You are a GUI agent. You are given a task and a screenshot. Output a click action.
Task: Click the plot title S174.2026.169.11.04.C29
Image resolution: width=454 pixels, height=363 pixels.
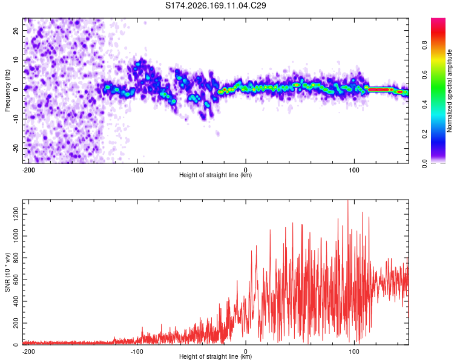215,5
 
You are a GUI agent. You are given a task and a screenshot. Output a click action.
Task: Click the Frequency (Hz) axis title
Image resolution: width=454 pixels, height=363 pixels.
7,91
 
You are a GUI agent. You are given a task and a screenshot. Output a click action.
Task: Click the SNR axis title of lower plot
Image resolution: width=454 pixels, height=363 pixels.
7,272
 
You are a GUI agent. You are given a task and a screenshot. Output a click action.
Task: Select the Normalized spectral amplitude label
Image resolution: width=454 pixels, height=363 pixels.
449,91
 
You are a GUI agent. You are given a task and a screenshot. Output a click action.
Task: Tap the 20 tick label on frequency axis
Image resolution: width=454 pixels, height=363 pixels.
16,31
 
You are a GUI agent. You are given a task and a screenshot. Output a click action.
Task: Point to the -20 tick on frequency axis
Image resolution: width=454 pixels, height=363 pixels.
16,148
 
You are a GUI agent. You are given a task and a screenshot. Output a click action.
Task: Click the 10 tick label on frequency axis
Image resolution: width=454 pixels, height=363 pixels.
16,60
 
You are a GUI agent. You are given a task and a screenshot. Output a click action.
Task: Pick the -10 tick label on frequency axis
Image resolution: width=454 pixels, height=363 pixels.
16,119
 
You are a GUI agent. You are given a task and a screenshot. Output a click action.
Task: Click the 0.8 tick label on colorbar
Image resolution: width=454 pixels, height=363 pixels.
424,45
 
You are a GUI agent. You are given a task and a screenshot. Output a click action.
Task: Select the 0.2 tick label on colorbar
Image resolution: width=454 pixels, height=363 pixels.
424,134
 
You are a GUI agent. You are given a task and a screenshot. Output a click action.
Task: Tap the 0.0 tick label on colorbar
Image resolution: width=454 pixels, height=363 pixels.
424,163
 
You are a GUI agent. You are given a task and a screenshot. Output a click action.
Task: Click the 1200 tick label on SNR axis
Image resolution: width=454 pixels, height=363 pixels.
16,214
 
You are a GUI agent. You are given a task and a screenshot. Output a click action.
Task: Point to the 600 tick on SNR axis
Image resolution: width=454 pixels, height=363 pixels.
16,280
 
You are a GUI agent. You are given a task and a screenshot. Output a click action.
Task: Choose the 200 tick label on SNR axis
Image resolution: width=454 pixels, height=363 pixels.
16,323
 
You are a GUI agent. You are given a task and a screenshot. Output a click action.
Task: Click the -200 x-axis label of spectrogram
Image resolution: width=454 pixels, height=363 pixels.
28,170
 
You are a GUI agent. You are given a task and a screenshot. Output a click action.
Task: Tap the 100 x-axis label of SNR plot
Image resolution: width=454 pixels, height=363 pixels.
354,352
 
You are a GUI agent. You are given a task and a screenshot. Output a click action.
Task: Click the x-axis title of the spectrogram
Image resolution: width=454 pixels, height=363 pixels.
215,175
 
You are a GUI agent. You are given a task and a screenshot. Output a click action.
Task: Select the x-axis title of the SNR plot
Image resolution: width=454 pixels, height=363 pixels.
215,356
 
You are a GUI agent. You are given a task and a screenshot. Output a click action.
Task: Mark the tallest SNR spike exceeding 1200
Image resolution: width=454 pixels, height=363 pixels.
347,201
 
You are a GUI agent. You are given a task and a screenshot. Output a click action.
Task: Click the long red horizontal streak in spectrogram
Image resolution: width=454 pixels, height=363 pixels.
380,90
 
